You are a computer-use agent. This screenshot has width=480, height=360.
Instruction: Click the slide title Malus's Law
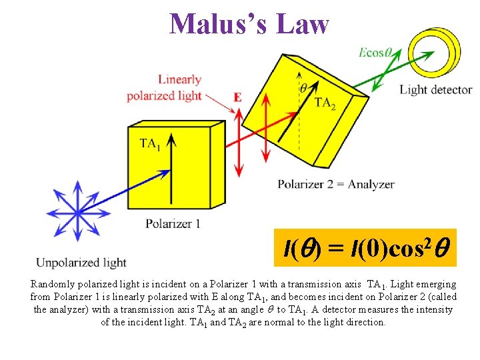click(249, 24)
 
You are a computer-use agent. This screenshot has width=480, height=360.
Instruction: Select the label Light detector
click(435, 90)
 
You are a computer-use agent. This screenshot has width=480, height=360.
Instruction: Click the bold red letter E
click(237, 97)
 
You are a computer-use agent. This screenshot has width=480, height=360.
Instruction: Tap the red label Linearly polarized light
click(164, 88)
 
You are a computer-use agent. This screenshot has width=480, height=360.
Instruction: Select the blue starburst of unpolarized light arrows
click(77, 212)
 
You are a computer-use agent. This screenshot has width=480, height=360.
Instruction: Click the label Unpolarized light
click(81, 263)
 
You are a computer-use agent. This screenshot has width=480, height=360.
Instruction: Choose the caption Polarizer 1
click(173, 224)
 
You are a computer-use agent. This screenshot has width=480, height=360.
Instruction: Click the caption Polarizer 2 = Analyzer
click(336, 185)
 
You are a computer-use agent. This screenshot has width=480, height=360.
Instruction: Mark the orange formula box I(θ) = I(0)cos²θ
click(365, 250)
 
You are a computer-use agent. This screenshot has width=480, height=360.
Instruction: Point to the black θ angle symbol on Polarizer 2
click(303, 88)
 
